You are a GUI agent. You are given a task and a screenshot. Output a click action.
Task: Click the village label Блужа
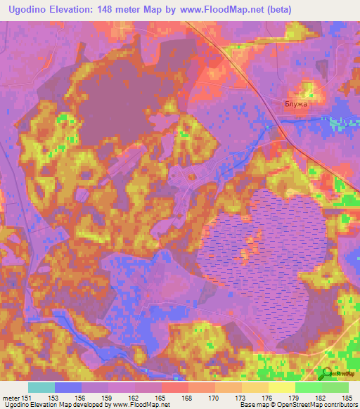(x=297, y=103)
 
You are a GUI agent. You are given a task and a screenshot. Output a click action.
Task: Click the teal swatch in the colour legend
(x=41, y=387)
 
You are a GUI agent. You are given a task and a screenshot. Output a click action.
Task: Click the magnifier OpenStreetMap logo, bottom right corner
(x=326, y=375)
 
